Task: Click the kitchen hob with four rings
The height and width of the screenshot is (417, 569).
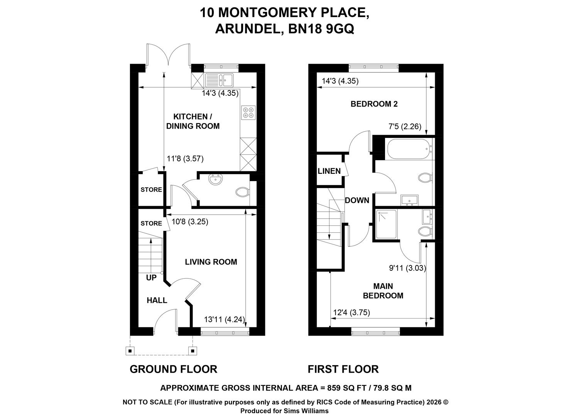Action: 248,113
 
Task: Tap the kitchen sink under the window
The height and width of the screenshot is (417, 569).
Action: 219,80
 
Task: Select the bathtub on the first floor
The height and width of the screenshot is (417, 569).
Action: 409,149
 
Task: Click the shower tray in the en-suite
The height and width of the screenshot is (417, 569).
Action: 386,224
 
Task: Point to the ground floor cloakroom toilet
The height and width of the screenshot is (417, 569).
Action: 243,192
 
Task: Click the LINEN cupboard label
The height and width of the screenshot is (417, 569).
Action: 329,171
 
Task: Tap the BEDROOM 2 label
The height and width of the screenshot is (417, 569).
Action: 374,104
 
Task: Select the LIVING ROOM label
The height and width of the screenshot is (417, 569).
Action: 211,262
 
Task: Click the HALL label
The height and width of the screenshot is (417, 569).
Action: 157,300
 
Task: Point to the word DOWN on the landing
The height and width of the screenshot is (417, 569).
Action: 357,200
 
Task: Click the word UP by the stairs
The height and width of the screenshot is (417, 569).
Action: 151,278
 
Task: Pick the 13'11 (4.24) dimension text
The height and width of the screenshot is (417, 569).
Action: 225,319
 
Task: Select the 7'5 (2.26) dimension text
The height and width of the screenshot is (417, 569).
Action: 405,126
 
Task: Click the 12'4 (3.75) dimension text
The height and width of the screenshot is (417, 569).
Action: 351,312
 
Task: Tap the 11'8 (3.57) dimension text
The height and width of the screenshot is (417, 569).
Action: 185,159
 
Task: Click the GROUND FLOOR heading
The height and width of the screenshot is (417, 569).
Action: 174,369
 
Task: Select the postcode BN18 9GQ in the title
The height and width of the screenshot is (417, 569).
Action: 321,29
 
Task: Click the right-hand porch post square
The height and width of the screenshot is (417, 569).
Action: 192,351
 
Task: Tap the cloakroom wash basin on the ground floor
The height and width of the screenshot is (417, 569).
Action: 216,180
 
